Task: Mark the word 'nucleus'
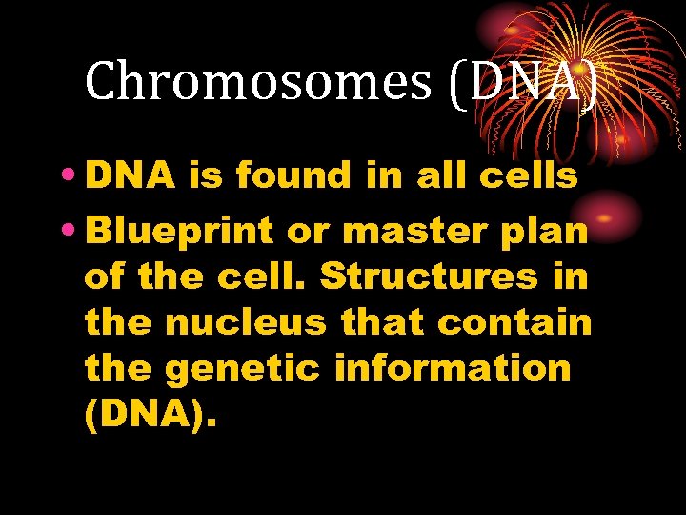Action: [247, 323]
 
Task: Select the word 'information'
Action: [453, 368]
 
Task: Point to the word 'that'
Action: [383, 323]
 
